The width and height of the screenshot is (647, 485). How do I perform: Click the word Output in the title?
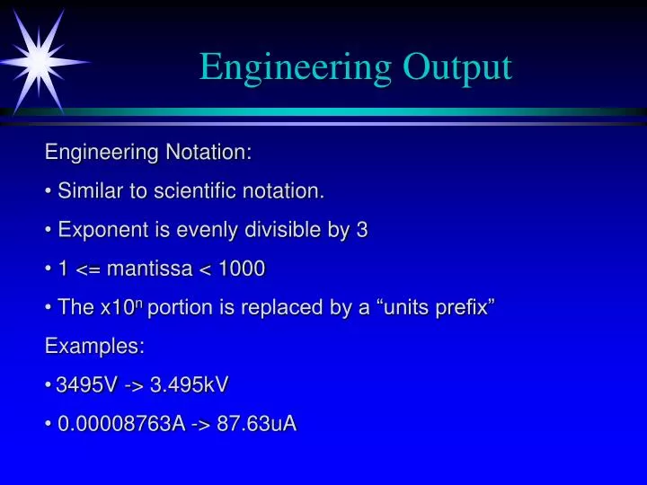457,67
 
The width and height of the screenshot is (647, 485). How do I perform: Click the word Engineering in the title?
296,67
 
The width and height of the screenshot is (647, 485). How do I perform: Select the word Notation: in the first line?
208,153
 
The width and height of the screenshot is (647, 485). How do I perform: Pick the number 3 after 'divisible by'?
362,230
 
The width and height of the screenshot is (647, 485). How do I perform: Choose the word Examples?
94,346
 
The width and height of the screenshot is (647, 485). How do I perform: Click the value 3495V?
86,385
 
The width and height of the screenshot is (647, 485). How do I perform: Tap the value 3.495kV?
190,385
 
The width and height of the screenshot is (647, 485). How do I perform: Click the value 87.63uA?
256,424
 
